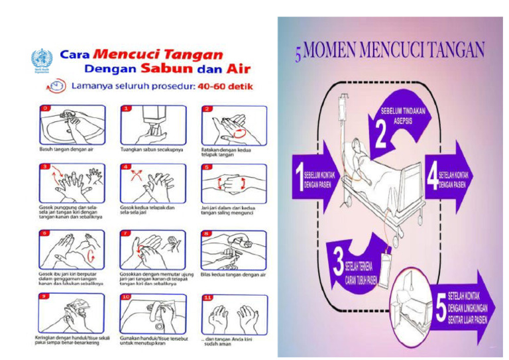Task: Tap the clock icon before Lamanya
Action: (x=57, y=86)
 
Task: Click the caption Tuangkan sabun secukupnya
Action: (x=149, y=149)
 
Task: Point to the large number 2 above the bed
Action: (x=380, y=132)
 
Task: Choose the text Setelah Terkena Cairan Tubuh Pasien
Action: (x=360, y=272)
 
